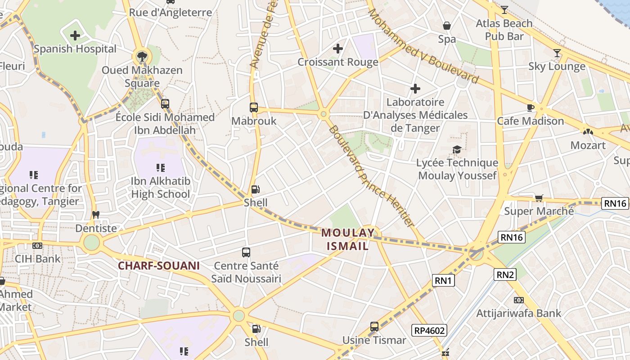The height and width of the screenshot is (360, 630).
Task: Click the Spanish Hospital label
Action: click(75, 49)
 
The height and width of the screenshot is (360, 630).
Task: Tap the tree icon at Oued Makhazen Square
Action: click(142, 57)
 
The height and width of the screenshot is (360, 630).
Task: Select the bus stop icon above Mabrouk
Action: click(254, 108)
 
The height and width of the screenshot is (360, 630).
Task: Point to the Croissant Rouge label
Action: click(338, 62)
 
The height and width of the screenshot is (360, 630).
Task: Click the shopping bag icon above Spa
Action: click(447, 26)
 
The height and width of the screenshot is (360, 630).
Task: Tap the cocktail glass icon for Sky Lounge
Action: click(557, 54)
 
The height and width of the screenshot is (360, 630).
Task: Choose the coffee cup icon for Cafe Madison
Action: click(531, 108)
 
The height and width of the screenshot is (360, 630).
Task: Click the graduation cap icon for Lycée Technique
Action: click(457, 149)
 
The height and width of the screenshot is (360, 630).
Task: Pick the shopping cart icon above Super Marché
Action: click(539, 198)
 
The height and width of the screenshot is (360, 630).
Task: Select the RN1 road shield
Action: click(443, 281)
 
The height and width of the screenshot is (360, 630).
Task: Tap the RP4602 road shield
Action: click(429, 331)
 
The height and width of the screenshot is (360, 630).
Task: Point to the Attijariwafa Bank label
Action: click(519, 313)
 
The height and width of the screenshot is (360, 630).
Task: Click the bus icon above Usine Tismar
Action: click(374, 327)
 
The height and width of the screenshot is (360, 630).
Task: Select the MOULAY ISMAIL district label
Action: click(347, 239)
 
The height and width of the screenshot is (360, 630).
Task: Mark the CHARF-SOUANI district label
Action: click(159, 265)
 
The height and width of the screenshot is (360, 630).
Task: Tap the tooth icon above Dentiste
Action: click(95, 215)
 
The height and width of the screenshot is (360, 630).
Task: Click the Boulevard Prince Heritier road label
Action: click(371, 176)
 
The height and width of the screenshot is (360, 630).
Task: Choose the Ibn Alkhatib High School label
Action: click(161, 188)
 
